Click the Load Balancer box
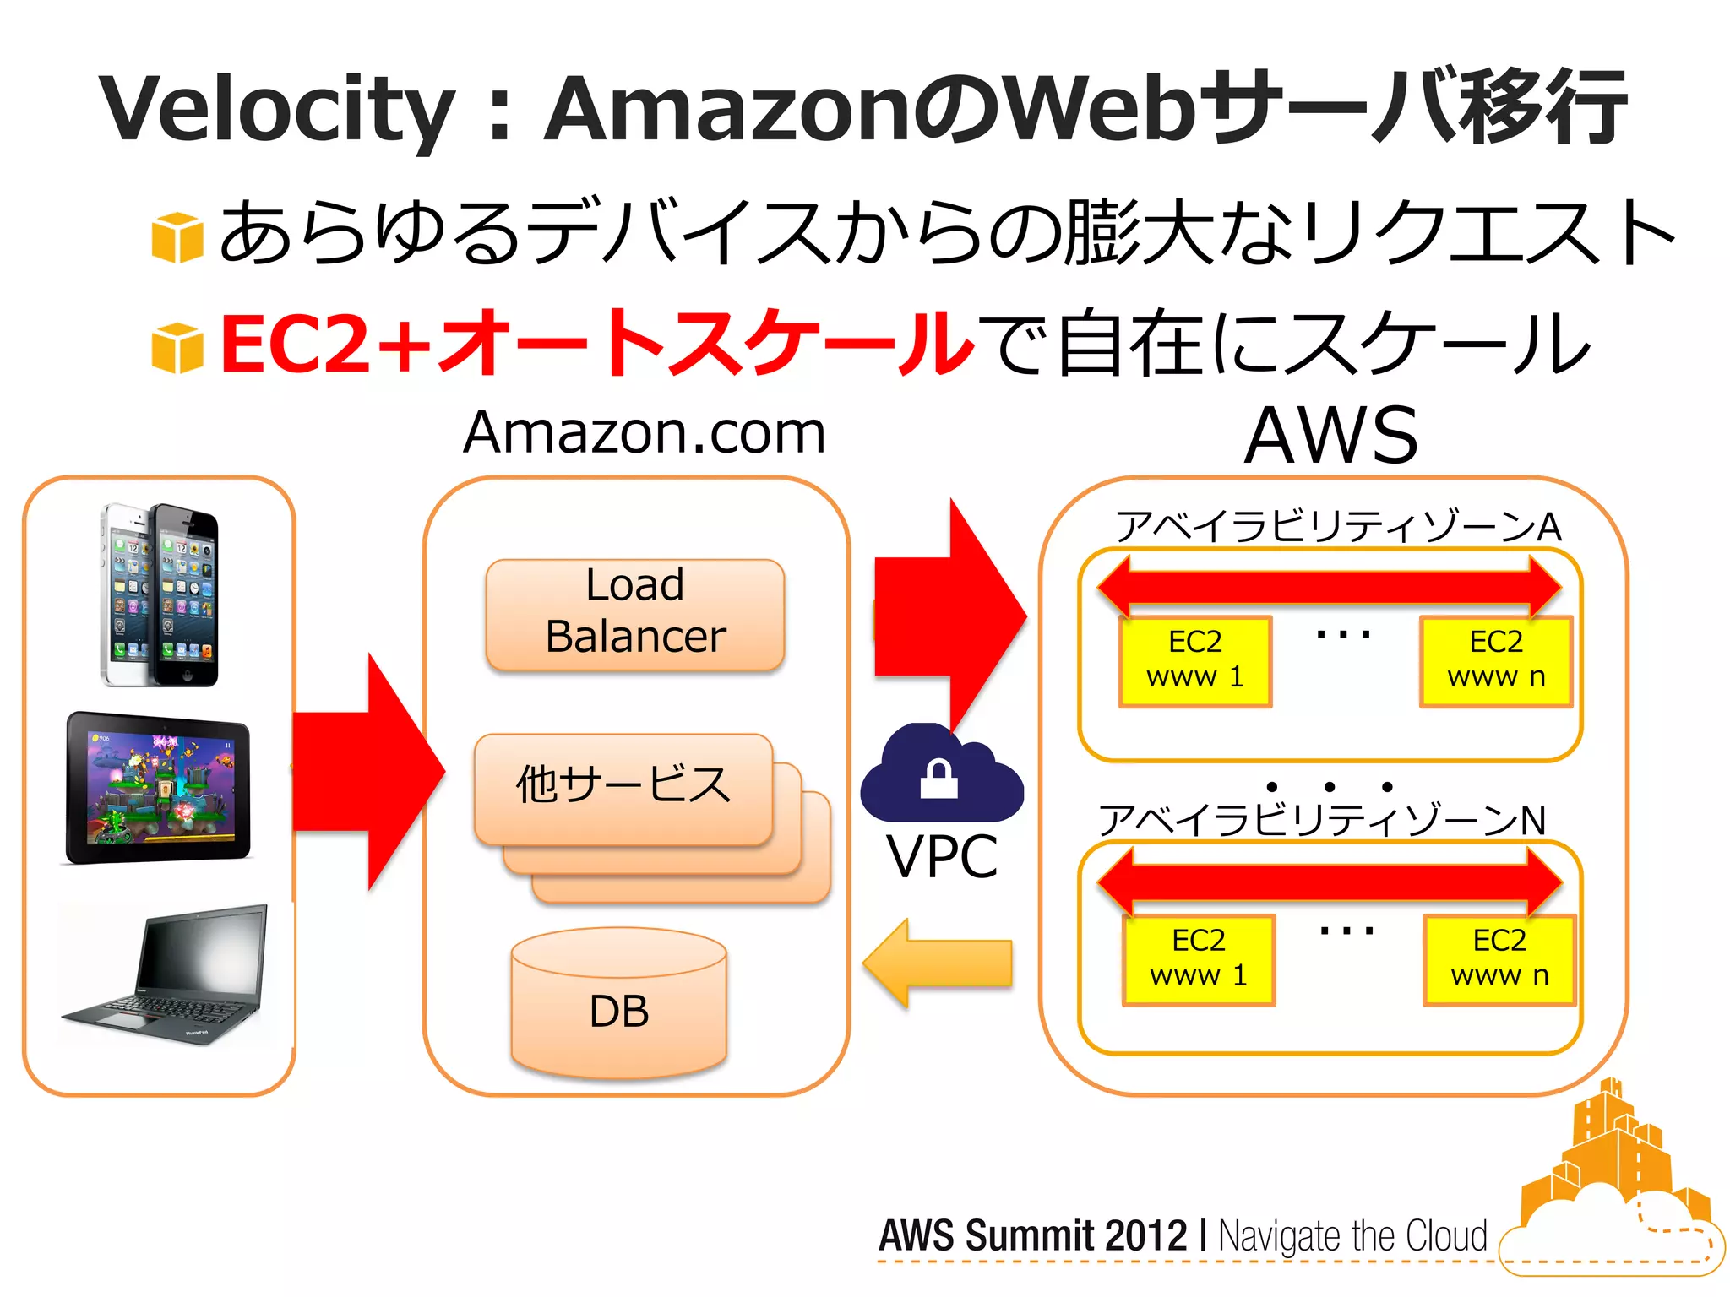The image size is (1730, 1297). click(635, 614)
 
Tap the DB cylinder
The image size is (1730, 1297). click(619, 1005)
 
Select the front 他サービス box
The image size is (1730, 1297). click(623, 787)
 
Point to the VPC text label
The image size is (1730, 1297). click(942, 857)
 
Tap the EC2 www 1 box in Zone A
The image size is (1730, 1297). click(1194, 660)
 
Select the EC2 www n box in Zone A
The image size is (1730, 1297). click(1496, 660)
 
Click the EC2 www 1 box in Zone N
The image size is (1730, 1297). click(1198, 958)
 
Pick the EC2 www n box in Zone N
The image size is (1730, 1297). click(1499, 958)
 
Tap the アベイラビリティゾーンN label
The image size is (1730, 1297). click(1322, 820)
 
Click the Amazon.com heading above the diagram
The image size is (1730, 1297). click(644, 432)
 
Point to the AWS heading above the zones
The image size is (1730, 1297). click(1331, 436)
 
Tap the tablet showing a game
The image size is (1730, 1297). click(159, 788)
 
